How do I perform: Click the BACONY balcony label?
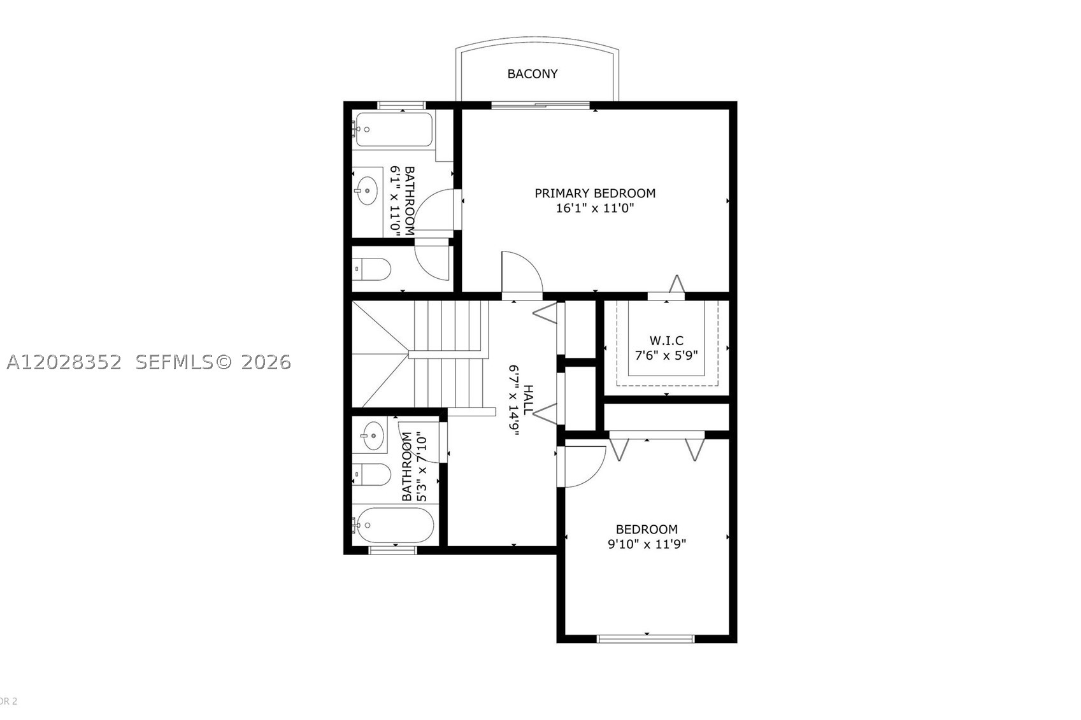tap(533, 74)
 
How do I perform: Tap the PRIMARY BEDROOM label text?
tap(595, 194)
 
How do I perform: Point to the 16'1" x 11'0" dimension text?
tap(595, 208)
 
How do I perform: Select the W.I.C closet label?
tap(666, 341)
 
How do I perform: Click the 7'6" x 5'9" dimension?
tap(666, 356)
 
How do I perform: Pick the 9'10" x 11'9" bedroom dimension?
tap(647, 544)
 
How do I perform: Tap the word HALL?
tap(529, 399)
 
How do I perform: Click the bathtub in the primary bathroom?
tap(394, 129)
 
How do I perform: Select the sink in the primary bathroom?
tap(368, 191)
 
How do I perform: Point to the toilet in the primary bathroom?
tap(371, 269)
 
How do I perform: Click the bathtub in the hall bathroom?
tap(394, 525)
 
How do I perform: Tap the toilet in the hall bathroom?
tap(371, 475)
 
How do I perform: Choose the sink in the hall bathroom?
tap(372, 436)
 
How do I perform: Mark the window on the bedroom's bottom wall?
tap(646, 639)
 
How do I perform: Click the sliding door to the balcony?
tap(540, 105)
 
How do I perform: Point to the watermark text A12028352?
tap(64, 362)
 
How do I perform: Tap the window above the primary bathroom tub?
tap(401, 105)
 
